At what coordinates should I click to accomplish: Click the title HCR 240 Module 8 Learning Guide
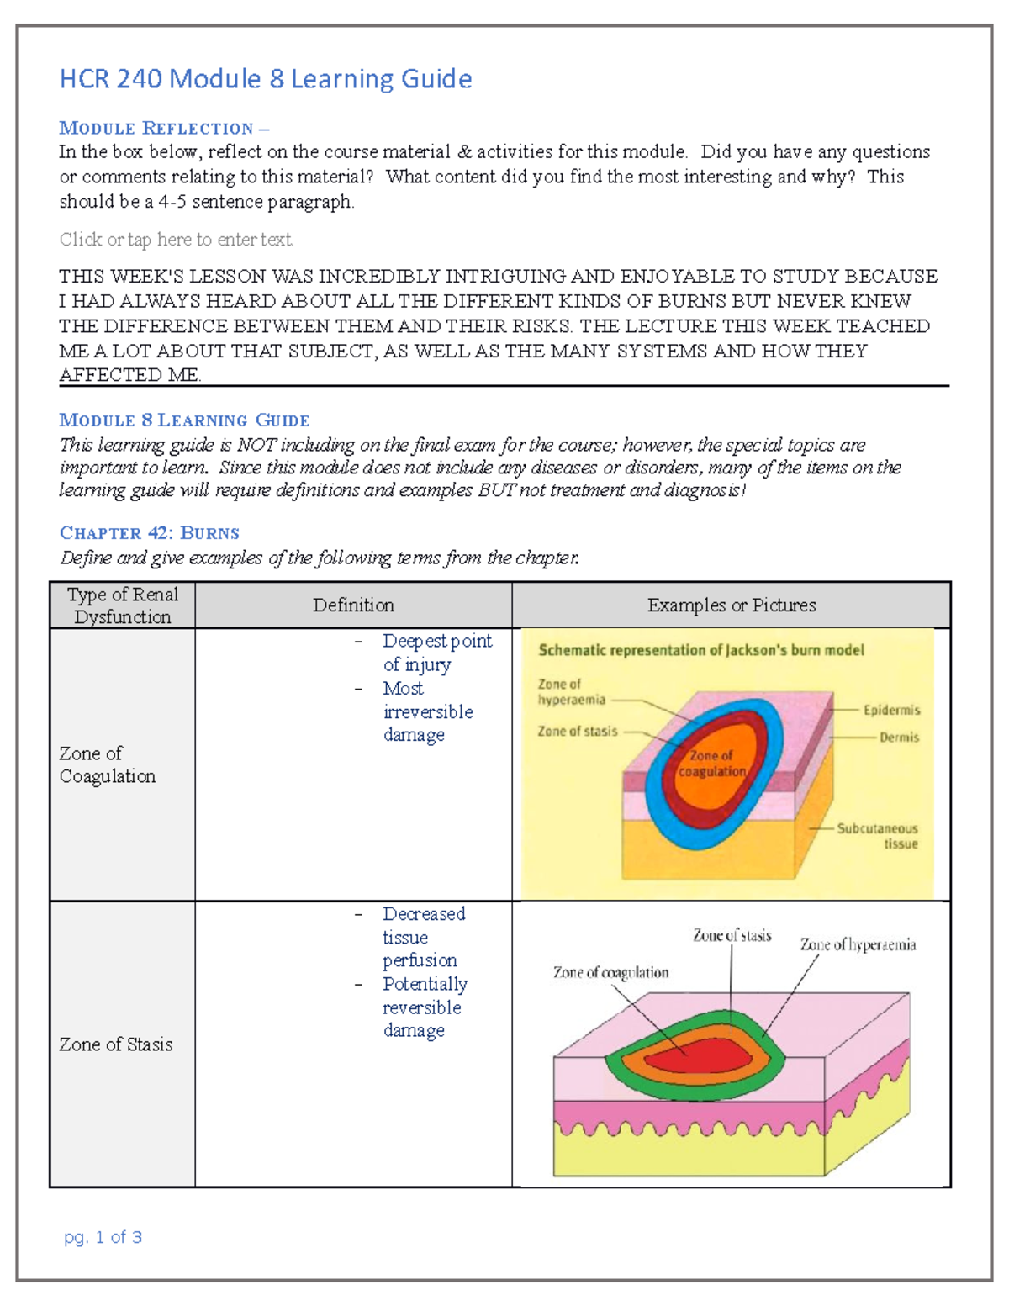click(265, 79)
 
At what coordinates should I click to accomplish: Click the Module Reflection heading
click(164, 129)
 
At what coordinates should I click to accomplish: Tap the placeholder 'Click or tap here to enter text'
click(177, 240)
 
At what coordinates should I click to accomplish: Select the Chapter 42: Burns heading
click(150, 533)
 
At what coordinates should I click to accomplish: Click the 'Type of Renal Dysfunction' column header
click(123, 605)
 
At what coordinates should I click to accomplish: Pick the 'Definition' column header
click(353, 605)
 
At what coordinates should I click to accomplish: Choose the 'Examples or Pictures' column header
click(732, 605)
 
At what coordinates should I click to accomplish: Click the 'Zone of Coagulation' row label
click(108, 764)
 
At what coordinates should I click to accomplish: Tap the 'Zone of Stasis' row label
click(116, 1044)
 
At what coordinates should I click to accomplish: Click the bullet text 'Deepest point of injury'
click(436, 653)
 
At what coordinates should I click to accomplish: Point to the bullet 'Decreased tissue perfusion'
click(422, 937)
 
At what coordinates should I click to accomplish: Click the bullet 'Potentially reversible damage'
click(424, 1007)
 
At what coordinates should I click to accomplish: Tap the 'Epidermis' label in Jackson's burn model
click(891, 711)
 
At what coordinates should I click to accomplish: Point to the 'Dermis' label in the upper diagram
click(899, 738)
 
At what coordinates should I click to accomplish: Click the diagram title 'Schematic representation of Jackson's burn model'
click(701, 650)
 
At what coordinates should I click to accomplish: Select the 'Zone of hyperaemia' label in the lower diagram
click(858, 945)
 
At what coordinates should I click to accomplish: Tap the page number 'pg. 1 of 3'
click(103, 1237)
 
